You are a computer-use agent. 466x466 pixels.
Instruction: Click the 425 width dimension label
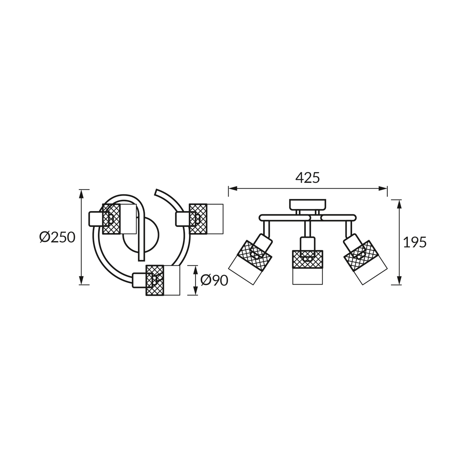[307, 178]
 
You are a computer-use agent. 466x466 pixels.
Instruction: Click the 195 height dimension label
[415, 242]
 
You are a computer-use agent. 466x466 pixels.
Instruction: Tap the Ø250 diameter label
[57, 237]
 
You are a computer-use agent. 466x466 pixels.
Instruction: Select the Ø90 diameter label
[214, 281]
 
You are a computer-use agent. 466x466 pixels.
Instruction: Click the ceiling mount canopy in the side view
[307, 205]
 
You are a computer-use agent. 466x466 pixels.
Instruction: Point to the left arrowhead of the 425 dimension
[233, 189]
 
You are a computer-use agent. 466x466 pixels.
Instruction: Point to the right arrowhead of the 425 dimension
[383, 189]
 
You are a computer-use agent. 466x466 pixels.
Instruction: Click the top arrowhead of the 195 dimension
[399, 204]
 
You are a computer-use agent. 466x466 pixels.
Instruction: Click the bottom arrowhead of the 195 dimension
[399, 280]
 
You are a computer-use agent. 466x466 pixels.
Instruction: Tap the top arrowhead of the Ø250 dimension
[82, 194]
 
